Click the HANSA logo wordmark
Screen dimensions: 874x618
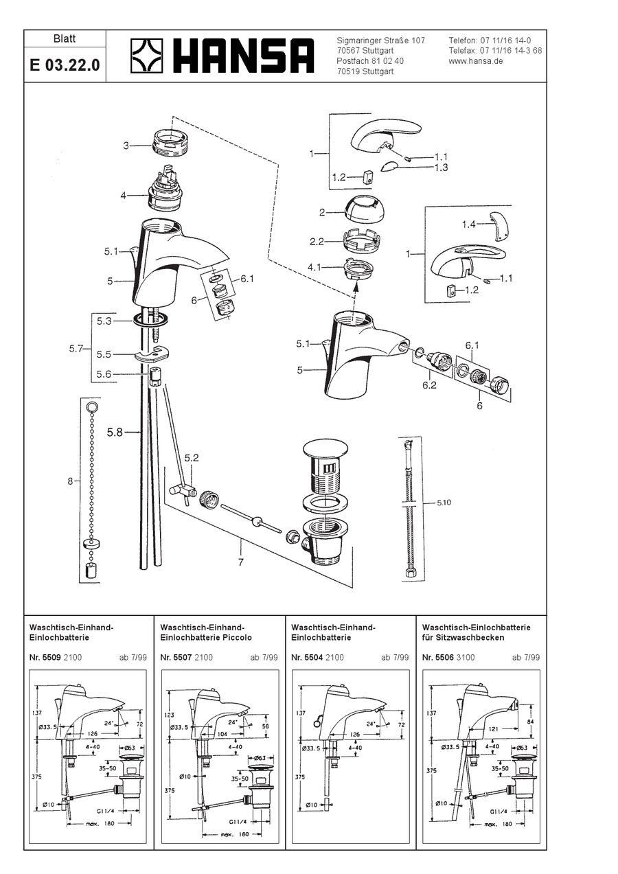tap(243, 56)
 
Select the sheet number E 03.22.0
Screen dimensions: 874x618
tap(65, 66)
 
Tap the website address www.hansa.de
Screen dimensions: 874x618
tap(476, 60)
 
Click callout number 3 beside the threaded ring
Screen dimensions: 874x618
tap(126, 146)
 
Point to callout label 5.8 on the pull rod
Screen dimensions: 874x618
tap(114, 433)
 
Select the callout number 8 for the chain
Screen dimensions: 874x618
tap(69, 481)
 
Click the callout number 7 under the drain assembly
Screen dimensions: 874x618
tap(240, 562)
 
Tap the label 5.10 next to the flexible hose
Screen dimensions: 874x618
tap(445, 503)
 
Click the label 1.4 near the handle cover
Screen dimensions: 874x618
tap(469, 225)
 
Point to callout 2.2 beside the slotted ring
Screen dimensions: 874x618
tap(317, 241)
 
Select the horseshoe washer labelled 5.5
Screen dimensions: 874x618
tap(152, 355)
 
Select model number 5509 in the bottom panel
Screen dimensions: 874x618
tap(51, 657)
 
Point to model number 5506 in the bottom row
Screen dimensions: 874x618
tap(444, 657)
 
